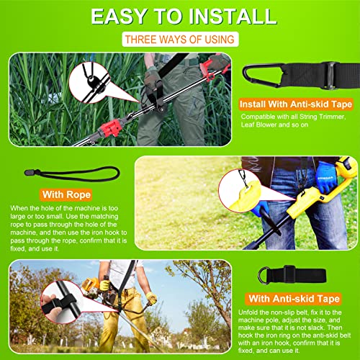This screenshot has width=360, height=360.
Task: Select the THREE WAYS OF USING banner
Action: coord(178,41)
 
